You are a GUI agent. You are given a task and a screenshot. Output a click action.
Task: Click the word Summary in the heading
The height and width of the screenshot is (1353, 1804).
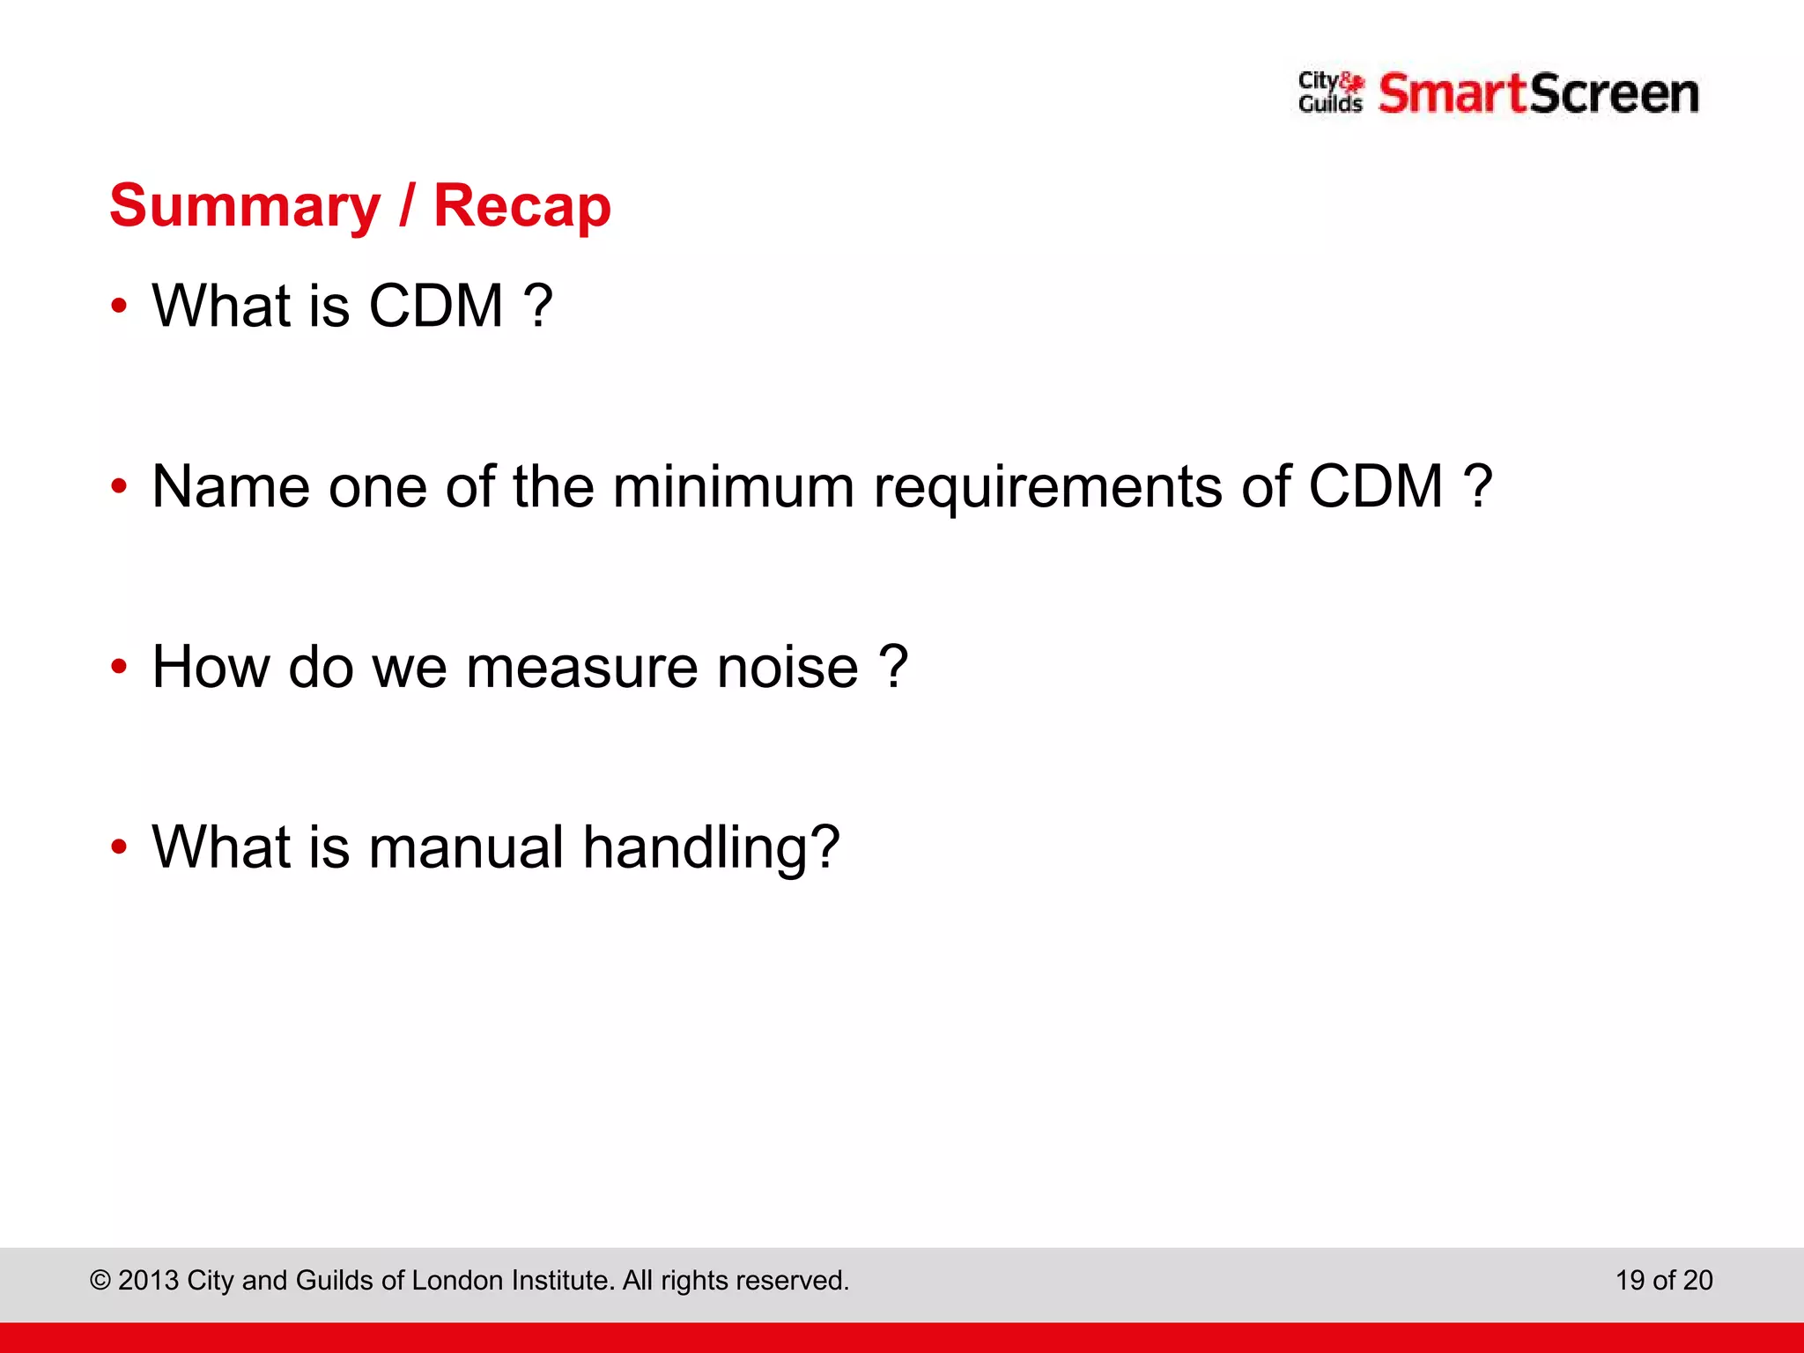coord(245,207)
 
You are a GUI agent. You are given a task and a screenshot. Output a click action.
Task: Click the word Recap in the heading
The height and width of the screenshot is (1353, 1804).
coord(522,207)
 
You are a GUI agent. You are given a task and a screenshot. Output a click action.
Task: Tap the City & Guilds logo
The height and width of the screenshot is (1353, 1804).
coord(1330,93)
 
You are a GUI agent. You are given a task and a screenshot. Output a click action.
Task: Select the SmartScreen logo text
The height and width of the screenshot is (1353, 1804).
coord(1538,94)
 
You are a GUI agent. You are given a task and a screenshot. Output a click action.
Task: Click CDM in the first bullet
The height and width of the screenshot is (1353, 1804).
coord(435,307)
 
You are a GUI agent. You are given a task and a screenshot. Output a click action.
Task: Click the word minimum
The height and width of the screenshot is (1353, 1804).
coord(733,486)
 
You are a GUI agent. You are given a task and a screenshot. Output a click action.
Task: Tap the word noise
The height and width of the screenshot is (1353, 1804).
coord(787,667)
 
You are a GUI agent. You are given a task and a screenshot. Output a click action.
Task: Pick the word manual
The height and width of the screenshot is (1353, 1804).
coord(466,847)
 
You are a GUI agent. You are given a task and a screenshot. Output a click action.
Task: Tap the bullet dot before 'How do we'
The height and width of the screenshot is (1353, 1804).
coord(119,667)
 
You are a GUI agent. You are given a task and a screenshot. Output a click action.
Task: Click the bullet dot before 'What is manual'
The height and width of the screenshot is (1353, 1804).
coord(119,847)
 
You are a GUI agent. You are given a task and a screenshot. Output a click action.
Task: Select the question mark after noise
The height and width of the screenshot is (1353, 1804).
coord(893,667)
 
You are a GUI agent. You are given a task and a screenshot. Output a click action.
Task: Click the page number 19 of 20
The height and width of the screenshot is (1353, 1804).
coord(1663,1280)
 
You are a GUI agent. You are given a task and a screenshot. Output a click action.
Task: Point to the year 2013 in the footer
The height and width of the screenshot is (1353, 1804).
coord(148,1280)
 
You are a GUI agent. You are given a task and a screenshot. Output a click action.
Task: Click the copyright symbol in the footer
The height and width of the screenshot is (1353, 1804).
coord(100,1280)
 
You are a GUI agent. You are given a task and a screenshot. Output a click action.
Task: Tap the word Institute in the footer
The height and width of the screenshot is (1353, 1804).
coord(563,1280)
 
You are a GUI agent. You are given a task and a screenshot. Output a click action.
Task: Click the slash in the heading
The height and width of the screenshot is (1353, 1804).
coord(406,207)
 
